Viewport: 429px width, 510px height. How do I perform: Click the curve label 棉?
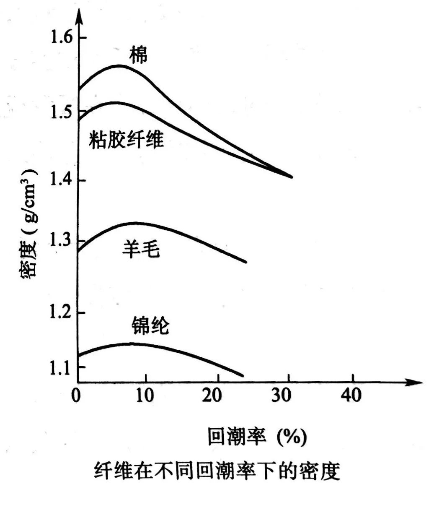138,55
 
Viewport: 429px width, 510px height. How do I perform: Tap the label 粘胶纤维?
126,139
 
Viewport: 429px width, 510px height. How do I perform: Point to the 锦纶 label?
150,325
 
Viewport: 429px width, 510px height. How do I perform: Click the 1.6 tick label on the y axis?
62,38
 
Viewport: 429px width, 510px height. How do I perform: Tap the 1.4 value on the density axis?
62,181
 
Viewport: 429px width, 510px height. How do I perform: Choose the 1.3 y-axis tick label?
62,242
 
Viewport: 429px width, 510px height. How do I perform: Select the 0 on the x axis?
76,395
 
